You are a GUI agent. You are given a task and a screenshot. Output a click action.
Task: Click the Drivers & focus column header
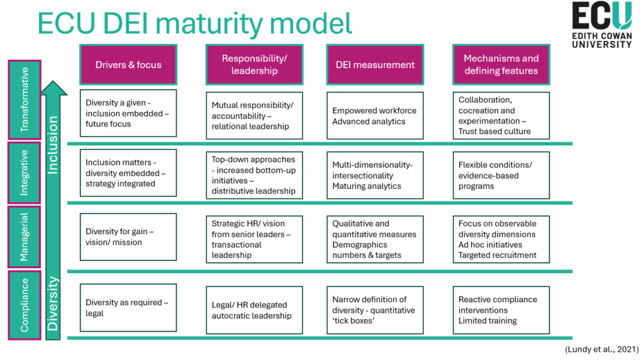pos(128,65)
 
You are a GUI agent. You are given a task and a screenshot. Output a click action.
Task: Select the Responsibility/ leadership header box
pos(254,65)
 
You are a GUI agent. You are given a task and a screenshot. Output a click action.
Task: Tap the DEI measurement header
pos(375,65)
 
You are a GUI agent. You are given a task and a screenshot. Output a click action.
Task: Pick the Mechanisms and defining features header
pos(501,65)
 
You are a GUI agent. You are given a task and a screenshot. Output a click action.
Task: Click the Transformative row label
pos(25,100)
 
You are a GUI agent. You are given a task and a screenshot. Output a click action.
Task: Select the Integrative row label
pos(25,172)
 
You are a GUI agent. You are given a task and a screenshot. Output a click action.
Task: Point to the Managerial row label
pos(25,237)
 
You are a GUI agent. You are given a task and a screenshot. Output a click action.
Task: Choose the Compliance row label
pos(25,305)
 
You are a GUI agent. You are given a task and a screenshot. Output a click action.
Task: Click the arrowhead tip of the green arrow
pos(53,81)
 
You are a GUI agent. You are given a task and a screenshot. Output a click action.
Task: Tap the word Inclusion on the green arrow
pos(53,145)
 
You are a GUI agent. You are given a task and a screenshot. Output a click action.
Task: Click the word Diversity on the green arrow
pos(53,304)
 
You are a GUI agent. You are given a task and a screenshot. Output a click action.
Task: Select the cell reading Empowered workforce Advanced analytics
pos(375,115)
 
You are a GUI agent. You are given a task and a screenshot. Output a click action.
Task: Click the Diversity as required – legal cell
pos(128,307)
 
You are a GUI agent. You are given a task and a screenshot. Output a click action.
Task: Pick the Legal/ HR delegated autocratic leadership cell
pos(254,310)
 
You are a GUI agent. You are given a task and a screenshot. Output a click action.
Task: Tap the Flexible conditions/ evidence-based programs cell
pos(501,175)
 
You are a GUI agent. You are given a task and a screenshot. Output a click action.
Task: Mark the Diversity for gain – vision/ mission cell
pos(128,237)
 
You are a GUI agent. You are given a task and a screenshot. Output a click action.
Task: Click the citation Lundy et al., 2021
pos(602,349)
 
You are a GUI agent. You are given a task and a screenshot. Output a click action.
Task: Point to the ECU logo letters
pos(602,16)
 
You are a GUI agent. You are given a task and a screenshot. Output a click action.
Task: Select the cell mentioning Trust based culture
pos(501,115)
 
